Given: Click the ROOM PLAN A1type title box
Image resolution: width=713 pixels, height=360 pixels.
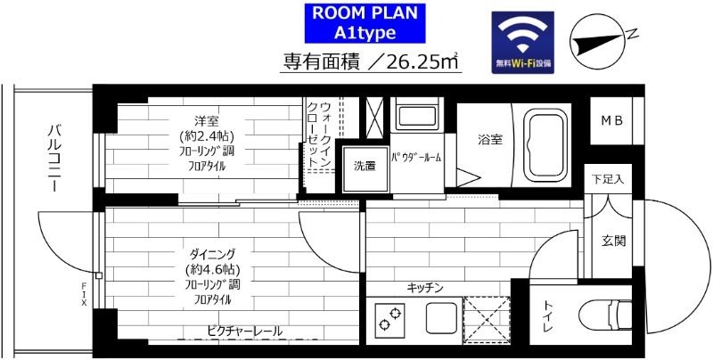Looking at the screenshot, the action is (365, 23).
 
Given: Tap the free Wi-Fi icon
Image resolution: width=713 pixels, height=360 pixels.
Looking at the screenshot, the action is (522, 42).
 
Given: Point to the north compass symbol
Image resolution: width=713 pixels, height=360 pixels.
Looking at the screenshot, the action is (600, 40).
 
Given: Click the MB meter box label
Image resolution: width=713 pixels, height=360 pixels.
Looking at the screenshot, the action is (611, 121).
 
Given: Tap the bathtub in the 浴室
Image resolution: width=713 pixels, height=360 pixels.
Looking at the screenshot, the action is (545, 146).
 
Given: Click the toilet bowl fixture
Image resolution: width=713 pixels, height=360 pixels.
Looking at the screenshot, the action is (606, 314).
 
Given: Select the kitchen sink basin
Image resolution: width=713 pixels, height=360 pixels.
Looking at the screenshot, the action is (441, 318).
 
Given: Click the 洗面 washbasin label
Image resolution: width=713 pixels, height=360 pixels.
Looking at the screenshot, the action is (365, 167).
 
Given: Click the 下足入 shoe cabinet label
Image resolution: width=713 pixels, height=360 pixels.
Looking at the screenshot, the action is (608, 179).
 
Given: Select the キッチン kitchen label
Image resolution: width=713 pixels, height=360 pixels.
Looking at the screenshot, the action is (424, 288).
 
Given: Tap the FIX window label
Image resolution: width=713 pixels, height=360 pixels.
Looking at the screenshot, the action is (84, 294).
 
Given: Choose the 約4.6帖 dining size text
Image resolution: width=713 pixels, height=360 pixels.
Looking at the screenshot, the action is (213, 269).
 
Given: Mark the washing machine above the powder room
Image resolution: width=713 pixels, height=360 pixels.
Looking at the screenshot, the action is (416, 115).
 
